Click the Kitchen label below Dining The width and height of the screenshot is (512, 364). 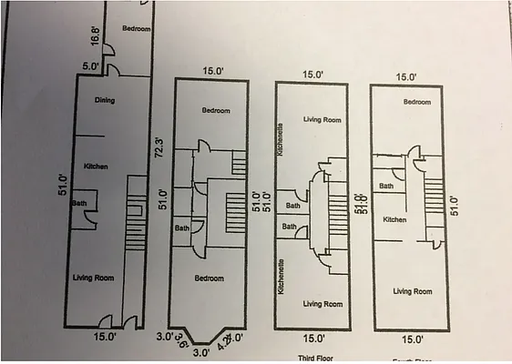coord(97,167)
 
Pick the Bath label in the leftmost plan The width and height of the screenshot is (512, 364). coord(79,202)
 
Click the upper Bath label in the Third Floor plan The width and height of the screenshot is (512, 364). coord(292,206)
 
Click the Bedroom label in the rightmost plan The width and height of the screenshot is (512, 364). coord(416,102)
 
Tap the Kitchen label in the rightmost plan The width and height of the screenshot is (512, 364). coord(394,219)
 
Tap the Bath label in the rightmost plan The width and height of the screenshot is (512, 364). coord(386,186)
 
